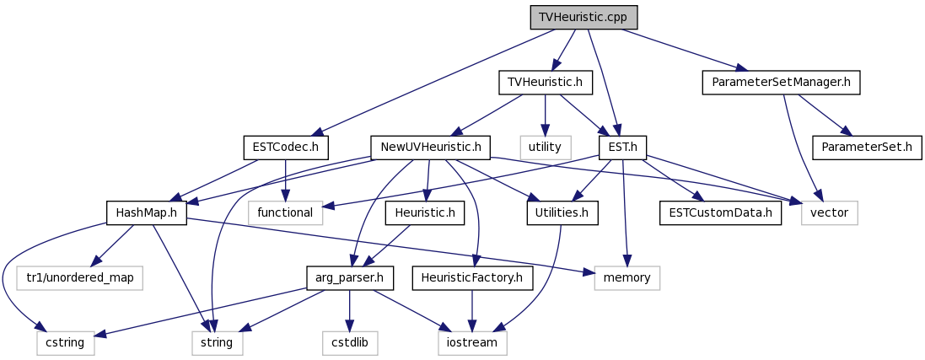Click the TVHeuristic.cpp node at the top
[x=584, y=18]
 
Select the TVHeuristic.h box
[x=545, y=83]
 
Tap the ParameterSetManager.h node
[x=781, y=83]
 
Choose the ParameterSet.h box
[x=867, y=148]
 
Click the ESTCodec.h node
[x=286, y=148]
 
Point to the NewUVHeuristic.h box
[x=431, y=148]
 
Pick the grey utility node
[x=545, y=148]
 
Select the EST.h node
[x=622, y=148]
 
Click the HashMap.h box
[x=147, y=212]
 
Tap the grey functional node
[x=286, y=212]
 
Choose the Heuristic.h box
[x=425, y=212]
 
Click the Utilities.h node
[x=562, y=212]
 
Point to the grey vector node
[x=830, y=212]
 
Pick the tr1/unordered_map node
[x=79, y=277]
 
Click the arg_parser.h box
[x=350, y=277]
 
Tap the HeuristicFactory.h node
[x=472, y=277]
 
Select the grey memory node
[x=627, y=277]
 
